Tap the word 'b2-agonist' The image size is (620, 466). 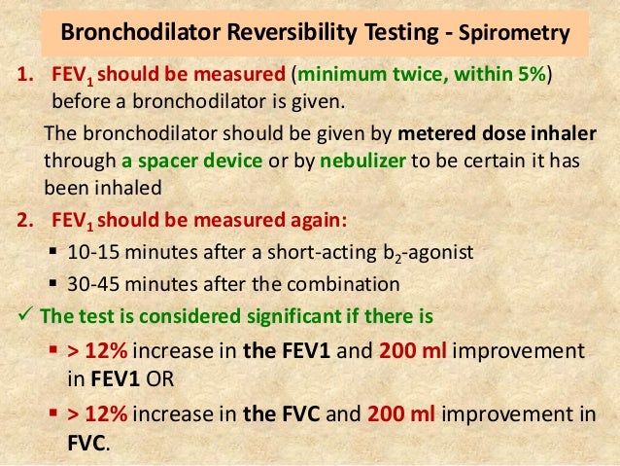tap(431, 253)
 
